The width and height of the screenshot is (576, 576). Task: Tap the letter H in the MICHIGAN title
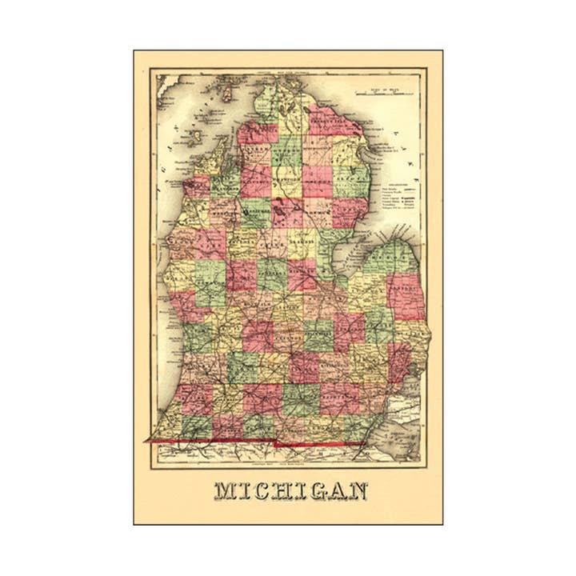pyautogui.click(x=278, y=490)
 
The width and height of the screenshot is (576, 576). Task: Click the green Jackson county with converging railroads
pyautogui.click(x=300, y=398)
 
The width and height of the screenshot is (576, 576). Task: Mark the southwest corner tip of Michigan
pyautogui.click(x=147, y=440)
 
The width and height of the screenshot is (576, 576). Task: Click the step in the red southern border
pyautogui.click(x=276, y=442)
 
